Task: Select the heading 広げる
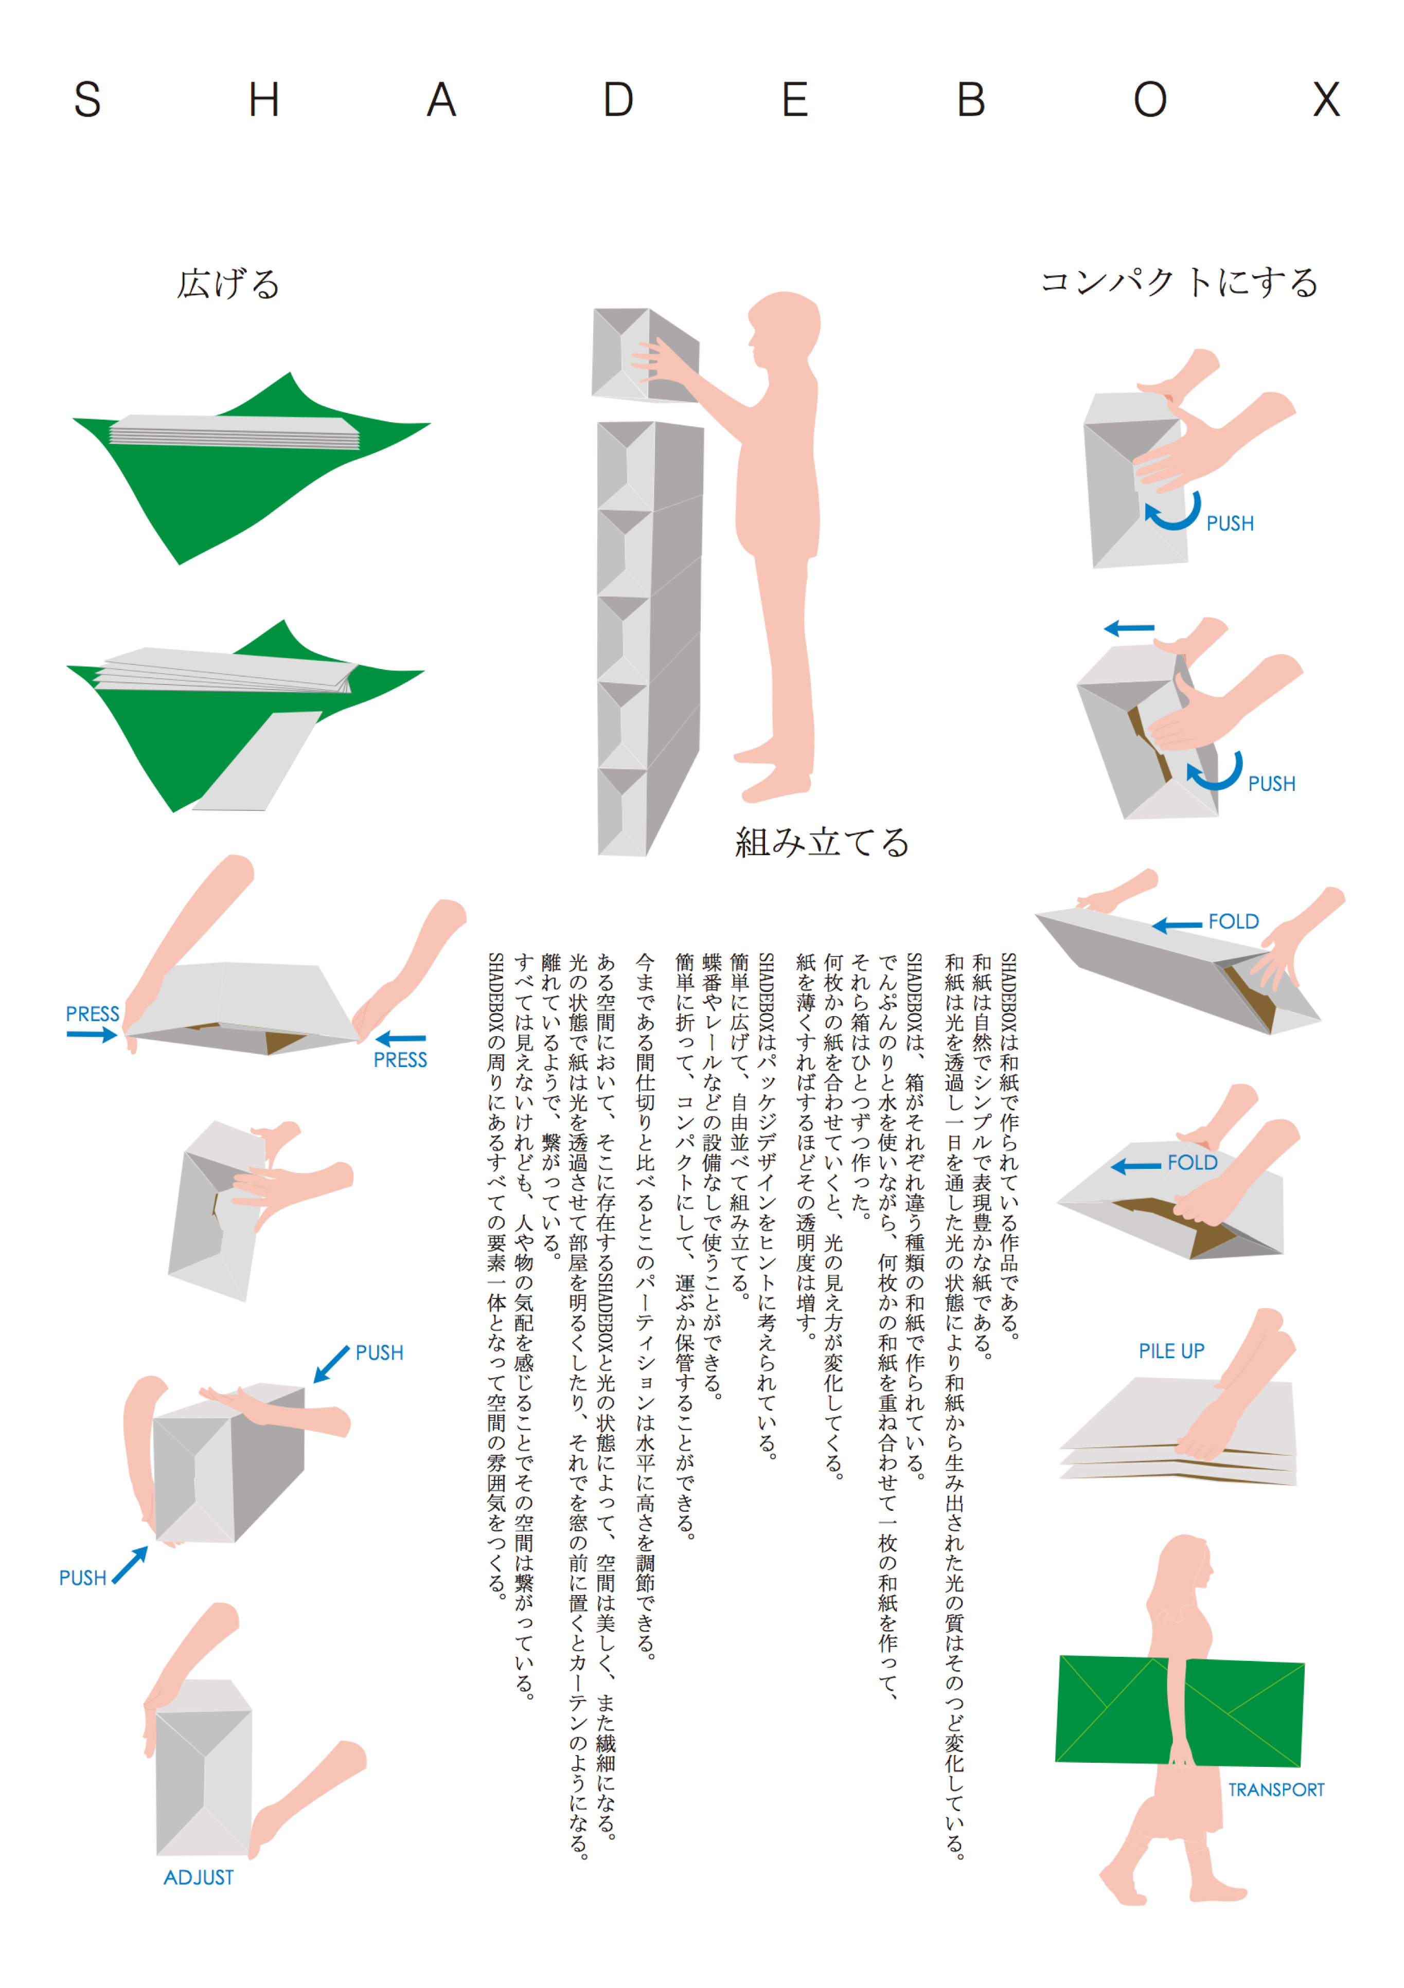(x=228, y=284)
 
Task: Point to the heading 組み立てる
(x=822, y=842)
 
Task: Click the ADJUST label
(x=199, y=1876)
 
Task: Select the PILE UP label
(x=1171, y=1351)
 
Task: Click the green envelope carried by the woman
(x=1179, y=1711)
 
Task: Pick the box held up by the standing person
(x=645, y=355)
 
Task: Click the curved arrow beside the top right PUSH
(x=1175, y=512)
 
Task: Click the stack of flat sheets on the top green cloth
(x=234, y=431)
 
